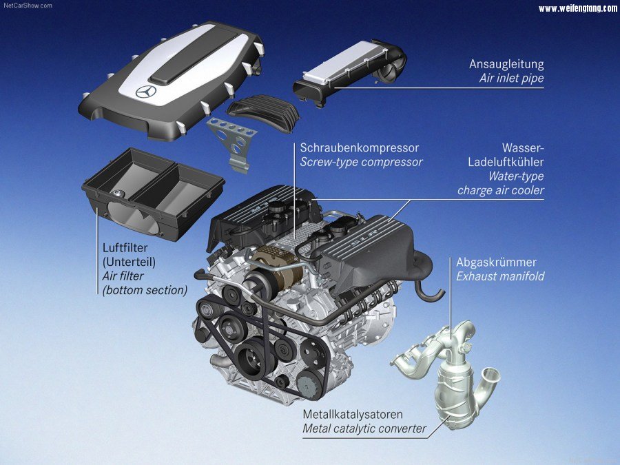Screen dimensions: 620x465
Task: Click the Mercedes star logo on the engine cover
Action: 146,92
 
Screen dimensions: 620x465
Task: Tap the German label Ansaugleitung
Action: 506,64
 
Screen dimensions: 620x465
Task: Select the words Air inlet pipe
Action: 512,79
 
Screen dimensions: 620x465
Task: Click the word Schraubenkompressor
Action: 359,148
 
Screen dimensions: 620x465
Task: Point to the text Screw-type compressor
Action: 361,162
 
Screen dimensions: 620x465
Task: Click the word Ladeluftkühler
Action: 506,162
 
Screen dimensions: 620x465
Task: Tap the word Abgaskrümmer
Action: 496,262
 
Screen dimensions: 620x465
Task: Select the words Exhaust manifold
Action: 500,276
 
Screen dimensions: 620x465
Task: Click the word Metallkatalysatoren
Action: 353,415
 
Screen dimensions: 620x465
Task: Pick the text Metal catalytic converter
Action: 364,428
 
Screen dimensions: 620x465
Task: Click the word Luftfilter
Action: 125,248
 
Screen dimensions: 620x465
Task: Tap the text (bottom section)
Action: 145,290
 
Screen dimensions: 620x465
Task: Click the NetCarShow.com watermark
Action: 28,6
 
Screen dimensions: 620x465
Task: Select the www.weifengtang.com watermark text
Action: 578,8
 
